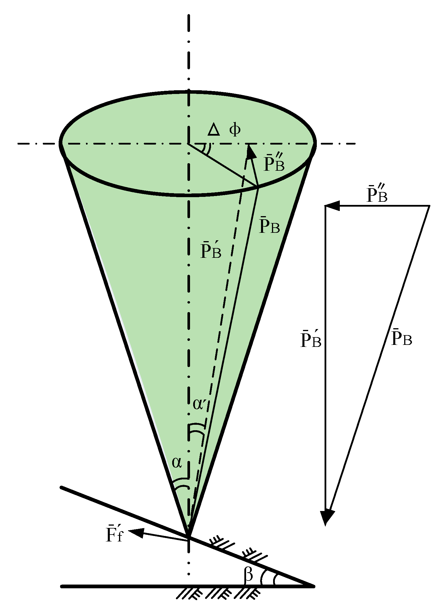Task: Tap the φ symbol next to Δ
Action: [x=235, y=130]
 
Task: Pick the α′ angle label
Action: [x=200, y=404]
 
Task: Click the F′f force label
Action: [x=114, y=534]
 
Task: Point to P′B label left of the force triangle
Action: [x=310, y=340]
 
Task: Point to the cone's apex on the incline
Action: [x=189, y=536]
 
